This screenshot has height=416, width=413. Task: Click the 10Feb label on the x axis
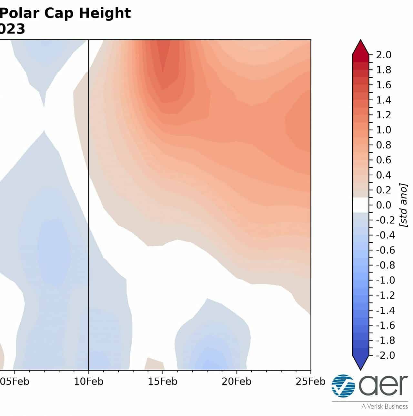[x=89, y=382]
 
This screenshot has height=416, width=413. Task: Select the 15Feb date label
[x=163, y=382]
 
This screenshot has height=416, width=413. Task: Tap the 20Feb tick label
[x=237, y=382]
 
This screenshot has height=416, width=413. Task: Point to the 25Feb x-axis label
[x=310, y=382]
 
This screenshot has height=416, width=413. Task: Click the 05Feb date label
[x=15, y=382]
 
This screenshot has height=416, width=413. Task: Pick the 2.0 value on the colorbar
[x=384, y=55]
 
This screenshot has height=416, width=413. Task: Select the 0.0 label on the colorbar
[x=384, y=205]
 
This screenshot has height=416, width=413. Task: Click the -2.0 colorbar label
[x=386, y=355]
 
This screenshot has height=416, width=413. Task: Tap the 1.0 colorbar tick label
[x=384, y=130]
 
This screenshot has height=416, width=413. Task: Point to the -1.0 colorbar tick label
[x=386, y=280]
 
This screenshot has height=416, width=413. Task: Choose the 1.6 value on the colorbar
[x=384, y=85]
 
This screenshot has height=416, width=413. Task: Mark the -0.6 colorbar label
[x=386, y=250]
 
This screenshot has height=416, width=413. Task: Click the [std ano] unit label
[x=403, y=205]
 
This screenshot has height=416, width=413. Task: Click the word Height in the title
[x=105, y=13]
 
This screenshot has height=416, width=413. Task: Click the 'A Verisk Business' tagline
[x=385, y=407]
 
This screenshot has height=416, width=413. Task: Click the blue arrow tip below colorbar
[x=360, y=370]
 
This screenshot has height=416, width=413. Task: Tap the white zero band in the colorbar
[x=360, y=205]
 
